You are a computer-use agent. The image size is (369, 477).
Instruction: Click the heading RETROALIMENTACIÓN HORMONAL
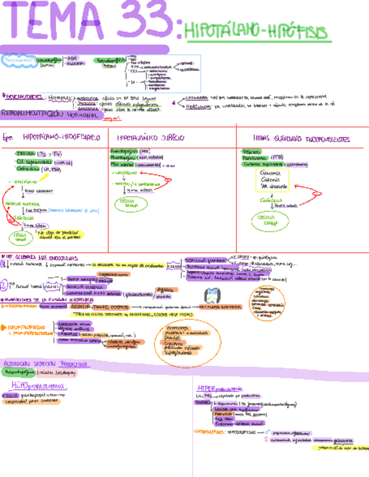(51, 114)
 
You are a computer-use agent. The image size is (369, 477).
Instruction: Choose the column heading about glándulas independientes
(302, 138)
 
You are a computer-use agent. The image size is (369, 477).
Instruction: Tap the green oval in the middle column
(131, 205)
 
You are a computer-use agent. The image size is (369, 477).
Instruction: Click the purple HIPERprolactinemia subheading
(219, 388)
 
